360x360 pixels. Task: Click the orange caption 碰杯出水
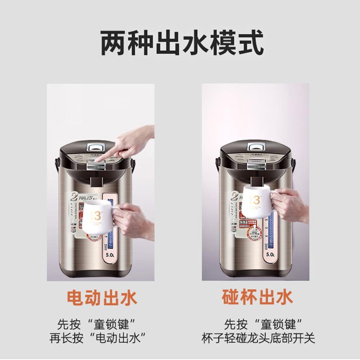(257, 297)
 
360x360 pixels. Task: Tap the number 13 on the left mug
(95, 216)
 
